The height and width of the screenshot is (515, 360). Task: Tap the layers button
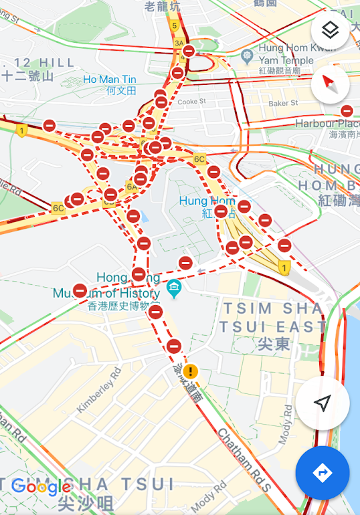tap(329, 31)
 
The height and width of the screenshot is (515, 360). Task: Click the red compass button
tap(329, 84)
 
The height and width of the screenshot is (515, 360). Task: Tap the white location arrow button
tap(323, 403)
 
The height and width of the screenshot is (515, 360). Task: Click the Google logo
tap(41, 486)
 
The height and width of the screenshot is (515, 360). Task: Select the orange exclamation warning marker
tap(191, 371)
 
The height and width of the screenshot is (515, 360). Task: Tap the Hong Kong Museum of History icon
tap(174, 288)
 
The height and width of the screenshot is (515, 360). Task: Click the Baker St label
tap(282, 103)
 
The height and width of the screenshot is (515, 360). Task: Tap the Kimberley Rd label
tap(99, 389)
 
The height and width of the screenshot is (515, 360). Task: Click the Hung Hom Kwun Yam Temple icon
tap(248, 54)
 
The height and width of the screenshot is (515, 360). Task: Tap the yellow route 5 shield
tap(174, 26)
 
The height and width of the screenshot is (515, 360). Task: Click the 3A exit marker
tap(179, 43)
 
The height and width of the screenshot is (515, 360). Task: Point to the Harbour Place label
tap(327, 124)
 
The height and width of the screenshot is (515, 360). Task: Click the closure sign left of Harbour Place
tap(347, 111)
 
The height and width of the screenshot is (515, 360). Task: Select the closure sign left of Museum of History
tap(80, 290)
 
